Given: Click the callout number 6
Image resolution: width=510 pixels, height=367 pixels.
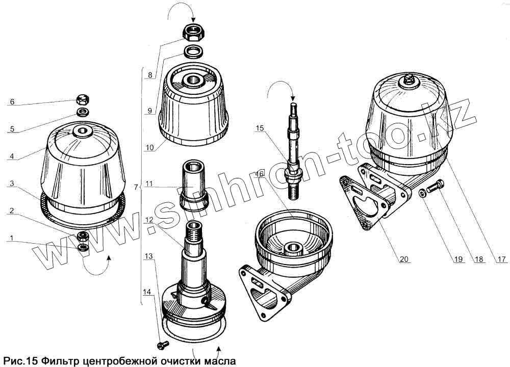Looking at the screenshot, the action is [x=11, y=102].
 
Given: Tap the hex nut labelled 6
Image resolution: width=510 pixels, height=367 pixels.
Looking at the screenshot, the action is [x=83, y=99].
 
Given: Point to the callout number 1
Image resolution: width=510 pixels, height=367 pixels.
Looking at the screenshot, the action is [x=11, y=238].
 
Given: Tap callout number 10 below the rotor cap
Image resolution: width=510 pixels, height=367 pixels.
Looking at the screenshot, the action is [x=150, y=148].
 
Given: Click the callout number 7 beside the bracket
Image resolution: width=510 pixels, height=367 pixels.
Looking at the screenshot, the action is [x=135, y=188].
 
